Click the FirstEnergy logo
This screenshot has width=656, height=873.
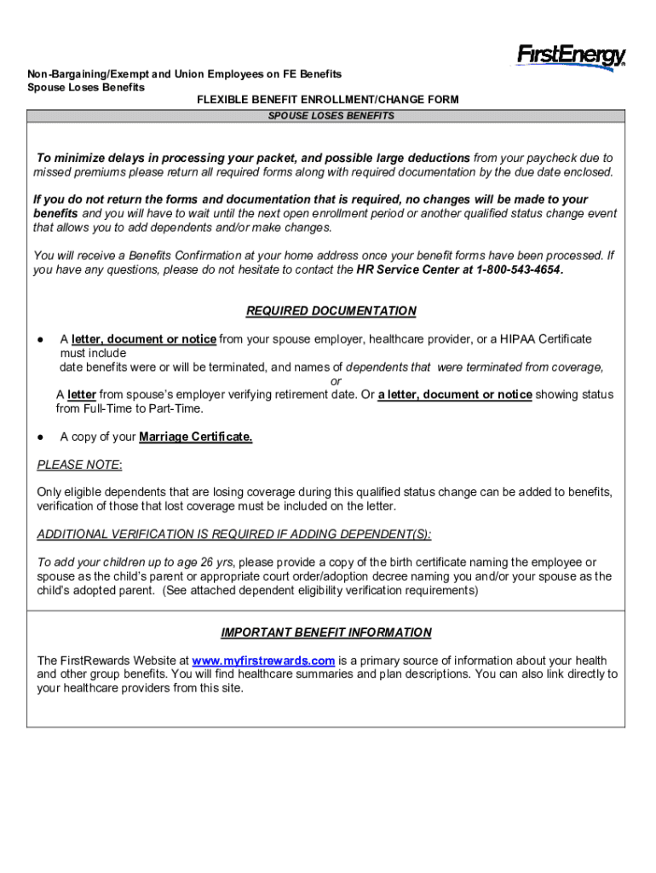(571, 56)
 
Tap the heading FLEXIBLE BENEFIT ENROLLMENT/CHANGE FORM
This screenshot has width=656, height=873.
(328, 100)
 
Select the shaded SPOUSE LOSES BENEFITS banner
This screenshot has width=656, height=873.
(331, 115)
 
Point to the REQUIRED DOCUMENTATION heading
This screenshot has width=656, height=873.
(331, 311)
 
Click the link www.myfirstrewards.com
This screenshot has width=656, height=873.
(263, 661)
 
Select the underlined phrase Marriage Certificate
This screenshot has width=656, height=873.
(196, 437)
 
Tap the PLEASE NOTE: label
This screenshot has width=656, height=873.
(79, 465)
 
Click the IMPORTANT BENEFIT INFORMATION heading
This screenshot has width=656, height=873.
(326, 633)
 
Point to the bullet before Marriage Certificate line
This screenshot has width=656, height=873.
(40, 437)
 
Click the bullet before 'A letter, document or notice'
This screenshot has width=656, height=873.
(40, 339)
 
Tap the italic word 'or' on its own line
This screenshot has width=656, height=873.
(336, 381)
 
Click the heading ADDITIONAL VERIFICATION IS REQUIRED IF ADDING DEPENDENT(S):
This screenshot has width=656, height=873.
(234, 535)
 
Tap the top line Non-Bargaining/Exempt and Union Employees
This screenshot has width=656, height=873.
(184, 74)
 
